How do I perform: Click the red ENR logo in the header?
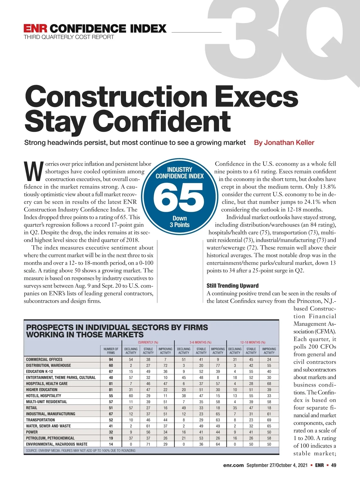pos(35,28)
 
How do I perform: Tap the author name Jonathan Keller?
pos(284,142)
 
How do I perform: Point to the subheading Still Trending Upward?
pos(232,286)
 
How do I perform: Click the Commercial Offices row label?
pos(44,359)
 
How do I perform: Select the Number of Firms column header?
pos(111,351)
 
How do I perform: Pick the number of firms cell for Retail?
pos(111,408)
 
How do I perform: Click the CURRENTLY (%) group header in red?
pos(148,342)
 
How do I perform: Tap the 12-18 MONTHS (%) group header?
pos(253,342)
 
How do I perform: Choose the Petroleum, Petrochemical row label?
pos(50,438)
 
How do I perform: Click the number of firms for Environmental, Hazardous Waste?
pos(111,444)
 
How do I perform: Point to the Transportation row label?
pos(40,420)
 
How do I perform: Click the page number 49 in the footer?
pos(334,465)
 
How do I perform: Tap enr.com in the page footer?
pos(233,465)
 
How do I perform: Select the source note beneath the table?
pos(81,451)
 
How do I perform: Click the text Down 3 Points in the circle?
pos(179,222)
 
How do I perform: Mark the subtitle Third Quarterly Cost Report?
pos(69,37)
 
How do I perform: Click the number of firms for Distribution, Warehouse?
pos(111,365)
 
